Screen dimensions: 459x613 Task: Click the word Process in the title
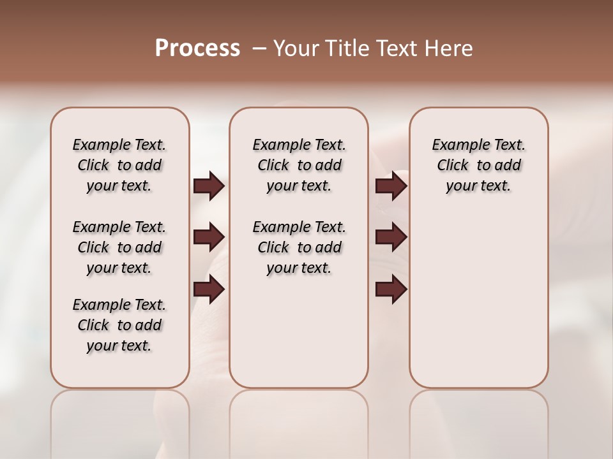pos(197,48)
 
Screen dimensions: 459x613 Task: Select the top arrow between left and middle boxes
pos(209,186)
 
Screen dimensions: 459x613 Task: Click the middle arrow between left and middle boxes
pos(209,237)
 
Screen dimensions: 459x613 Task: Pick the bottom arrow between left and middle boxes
pos(209,289)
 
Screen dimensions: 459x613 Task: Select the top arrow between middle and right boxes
pos(391,186)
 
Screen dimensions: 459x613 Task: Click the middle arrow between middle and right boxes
pos(391,237)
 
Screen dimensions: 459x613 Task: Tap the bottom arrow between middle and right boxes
pos(391,289)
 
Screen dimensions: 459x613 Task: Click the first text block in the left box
pos(119,165)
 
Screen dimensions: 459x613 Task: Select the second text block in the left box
pos(119,247)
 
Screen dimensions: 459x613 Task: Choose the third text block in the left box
pos(119,325)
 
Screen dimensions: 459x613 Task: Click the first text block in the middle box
pos(299,165)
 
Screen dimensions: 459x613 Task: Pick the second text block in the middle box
pos(299,247)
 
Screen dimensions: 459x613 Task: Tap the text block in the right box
pos(478,165)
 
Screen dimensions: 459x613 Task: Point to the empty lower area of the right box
pos(478,300)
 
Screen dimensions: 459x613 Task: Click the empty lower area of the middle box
pos(299,331)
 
